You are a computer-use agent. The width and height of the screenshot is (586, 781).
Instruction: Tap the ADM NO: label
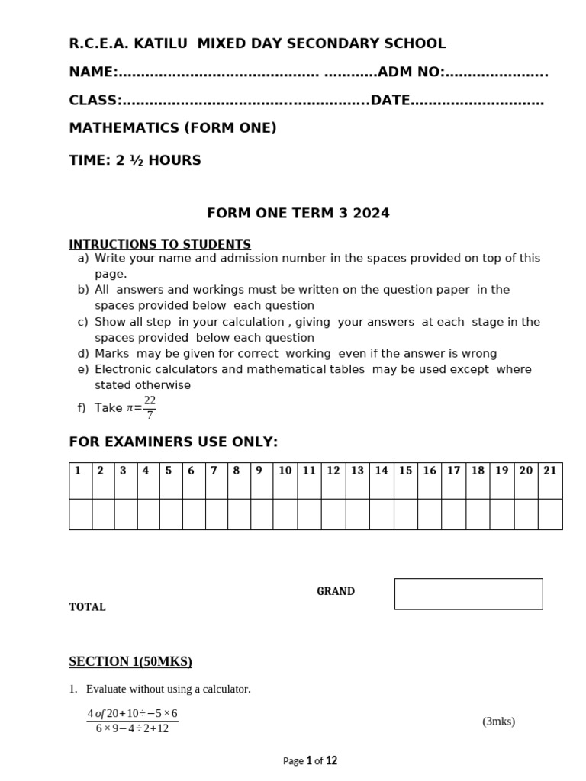click(411, 72)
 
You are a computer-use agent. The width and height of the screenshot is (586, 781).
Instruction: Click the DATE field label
click(391, 101)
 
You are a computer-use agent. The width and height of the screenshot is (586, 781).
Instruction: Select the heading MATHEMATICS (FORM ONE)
click(172, 128)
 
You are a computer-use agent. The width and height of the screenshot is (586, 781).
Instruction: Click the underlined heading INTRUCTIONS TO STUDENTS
click(159, 245)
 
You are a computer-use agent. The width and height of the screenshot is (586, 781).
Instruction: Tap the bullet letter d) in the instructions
click(82, 354)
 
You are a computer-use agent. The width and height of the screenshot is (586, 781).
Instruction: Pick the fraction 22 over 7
click(150, 408)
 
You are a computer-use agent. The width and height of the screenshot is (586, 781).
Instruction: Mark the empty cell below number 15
click(405, 514)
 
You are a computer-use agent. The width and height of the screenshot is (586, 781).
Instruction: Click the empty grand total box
click(468, 594)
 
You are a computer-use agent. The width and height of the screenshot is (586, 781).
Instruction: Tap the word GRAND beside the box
click(336, 591)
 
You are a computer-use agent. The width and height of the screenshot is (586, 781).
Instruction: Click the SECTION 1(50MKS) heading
click(130, 661)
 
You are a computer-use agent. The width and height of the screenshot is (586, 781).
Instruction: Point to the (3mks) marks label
click(498, 722)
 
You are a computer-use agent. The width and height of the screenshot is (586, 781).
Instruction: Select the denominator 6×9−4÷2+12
click(132, 728)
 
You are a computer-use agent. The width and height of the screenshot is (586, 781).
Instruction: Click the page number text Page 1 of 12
click(310, 760)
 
